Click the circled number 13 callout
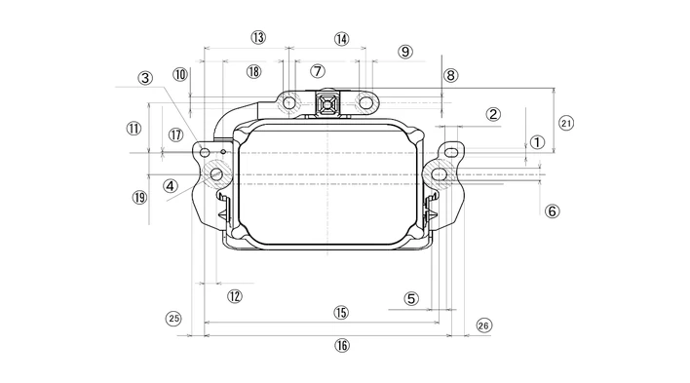(258, 37)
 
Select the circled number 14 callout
(341, 39)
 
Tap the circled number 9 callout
(405, 52)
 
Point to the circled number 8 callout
(450, 75)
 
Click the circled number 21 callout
(566, 123)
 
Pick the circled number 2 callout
(493, 114)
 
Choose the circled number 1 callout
(537, 142)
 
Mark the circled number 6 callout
(553, 211)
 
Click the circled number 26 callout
(483, 326)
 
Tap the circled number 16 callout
(342, 346)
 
